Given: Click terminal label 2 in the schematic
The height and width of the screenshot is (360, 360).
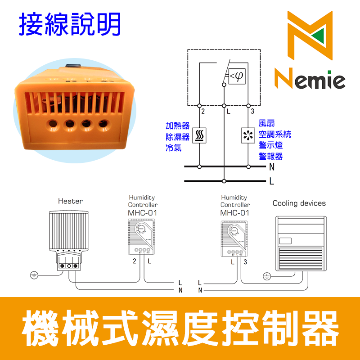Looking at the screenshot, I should [x=203, y=111].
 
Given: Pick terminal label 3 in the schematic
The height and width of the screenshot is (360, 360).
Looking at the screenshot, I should [x=253, y=111].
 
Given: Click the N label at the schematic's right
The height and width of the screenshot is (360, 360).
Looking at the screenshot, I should [x=272, y=167].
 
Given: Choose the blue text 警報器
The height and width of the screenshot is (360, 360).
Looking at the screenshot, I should [x=270, y=156].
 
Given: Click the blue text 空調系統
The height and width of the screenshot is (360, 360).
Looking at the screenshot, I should [x=274, y=134].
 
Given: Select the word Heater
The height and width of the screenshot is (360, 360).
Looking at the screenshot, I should [x=70, y=201].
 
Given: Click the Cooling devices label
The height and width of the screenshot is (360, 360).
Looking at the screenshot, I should [x=299, y=203].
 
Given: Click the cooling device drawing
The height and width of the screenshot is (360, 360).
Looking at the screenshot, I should [x=301, y=243].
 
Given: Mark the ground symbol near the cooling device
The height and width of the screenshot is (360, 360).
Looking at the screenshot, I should [x=266, y=275].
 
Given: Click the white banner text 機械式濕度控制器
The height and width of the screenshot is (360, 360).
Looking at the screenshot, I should [x=180, y=328].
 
